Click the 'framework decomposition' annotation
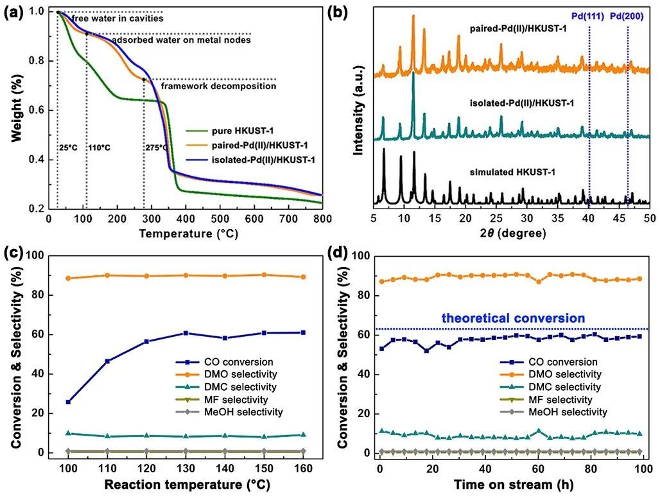[218, 86]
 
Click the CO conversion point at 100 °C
[68, 402]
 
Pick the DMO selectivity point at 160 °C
[303, 277]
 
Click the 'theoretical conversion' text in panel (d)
[514, 318]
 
